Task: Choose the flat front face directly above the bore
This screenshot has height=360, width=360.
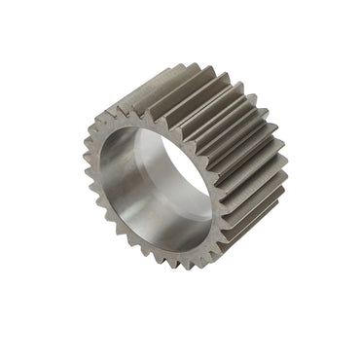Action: point(146,119)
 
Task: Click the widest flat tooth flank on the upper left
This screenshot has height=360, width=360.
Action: point(146,92)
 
